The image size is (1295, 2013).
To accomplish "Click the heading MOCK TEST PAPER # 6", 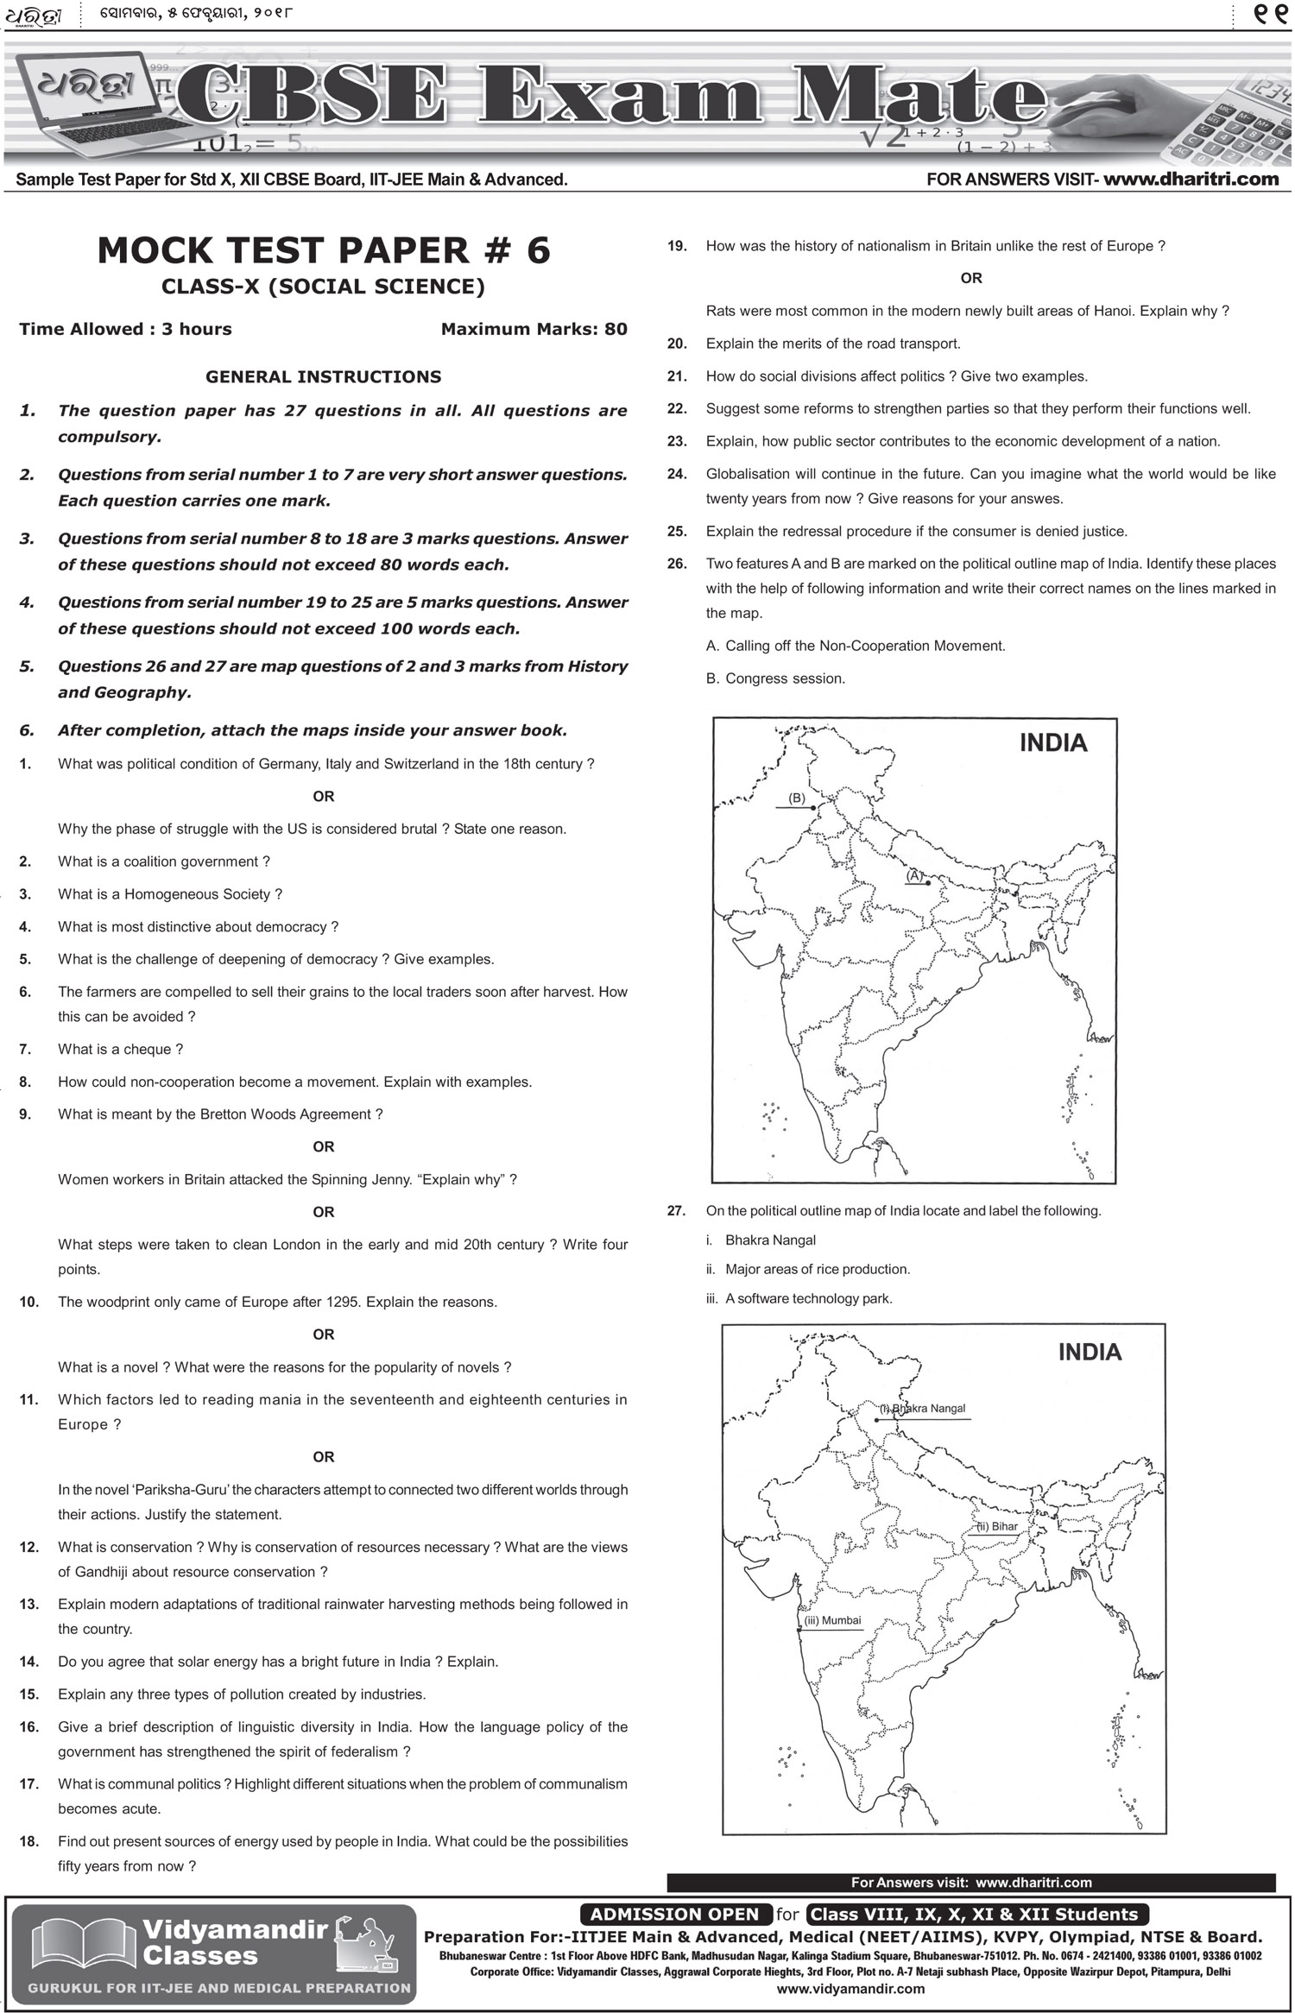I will click(x=323, y=250).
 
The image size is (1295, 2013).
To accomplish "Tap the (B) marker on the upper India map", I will click(x=797, y=798).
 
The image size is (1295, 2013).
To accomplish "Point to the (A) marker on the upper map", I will click(x=914, y=876).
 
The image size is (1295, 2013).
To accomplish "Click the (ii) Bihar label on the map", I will click(x=997, y=1526).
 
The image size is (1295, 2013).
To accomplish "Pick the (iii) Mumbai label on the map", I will click(x=832, y=1620).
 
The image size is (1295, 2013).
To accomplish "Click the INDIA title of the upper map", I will click(x=1052, y=743).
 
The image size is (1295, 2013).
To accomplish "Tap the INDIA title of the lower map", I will click(x=1090, y=1352).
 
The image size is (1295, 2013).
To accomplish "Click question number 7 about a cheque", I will click(x=25, y=1049).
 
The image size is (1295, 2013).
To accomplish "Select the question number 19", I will click(x=677, y=246).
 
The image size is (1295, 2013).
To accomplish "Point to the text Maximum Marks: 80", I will click(x=534, y=329).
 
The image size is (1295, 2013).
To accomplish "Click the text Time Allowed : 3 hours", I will click(x=125, y=329).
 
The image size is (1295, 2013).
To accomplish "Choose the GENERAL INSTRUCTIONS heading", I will click(x=323, y=376).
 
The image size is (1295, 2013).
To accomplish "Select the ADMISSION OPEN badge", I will click(x=674, y=1914).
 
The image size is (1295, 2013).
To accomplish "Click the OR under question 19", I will click(x=970, y=278).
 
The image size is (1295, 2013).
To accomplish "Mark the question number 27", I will click(x=677, y=1210).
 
